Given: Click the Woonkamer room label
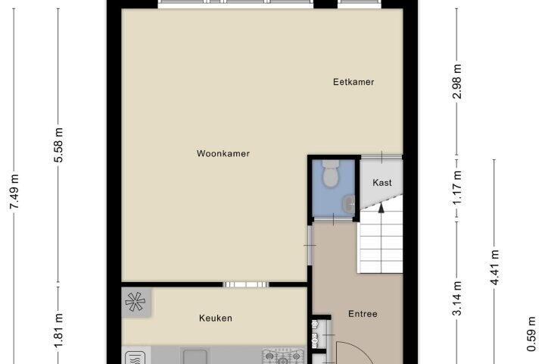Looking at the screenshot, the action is pos(223,154).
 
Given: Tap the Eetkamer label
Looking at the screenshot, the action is pos(353,82).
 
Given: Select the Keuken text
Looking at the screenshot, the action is pos(216,318).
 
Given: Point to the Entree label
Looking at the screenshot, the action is pos(363,314).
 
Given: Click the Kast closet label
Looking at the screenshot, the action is pos(382,183).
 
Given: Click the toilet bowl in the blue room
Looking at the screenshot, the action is pos(330,174).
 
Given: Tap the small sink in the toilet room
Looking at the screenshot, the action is pos(349,204).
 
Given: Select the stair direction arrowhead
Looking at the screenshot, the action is pos(381,208).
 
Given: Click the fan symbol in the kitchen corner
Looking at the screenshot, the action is pos(135,302).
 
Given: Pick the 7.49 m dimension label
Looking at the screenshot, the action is pos(14,192).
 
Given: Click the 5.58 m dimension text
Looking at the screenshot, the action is pos(58,146).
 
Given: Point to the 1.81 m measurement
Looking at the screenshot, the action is pos(58,331).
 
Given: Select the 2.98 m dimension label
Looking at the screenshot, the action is pos(457,81).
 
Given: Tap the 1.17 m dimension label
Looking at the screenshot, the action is pos(457,188).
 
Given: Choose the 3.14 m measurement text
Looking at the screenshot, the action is pos(457,299).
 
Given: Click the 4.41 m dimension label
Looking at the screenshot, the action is pos(494,268).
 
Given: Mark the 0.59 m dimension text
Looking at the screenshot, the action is pos(531,334).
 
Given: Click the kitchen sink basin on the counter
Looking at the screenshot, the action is pos(195,356).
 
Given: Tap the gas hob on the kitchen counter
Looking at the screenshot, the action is pos(283,356).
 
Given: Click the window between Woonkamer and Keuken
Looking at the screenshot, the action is pos(246,284).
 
